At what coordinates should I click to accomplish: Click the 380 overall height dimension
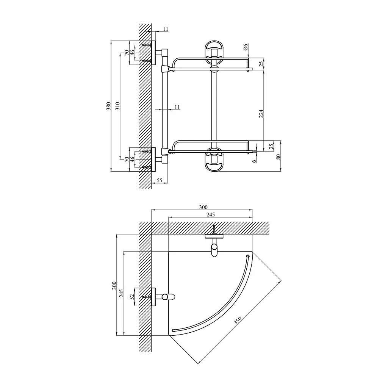(x=109, y=106)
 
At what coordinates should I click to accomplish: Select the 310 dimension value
(x=117, y=106)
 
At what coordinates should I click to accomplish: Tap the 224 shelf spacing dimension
(x=261, y=114)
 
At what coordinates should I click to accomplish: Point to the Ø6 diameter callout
(x=246, y=47)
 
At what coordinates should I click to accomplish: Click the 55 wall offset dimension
(x=160, y=180)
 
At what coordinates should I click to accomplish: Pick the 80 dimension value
(x=278, y=156)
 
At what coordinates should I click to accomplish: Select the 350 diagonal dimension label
(x=238, y=320)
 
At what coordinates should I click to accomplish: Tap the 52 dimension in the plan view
(x=132, y=297)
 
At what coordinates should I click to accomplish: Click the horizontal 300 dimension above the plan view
(x=203, y=207)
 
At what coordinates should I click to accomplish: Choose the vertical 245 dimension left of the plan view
(x=122, y=293)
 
